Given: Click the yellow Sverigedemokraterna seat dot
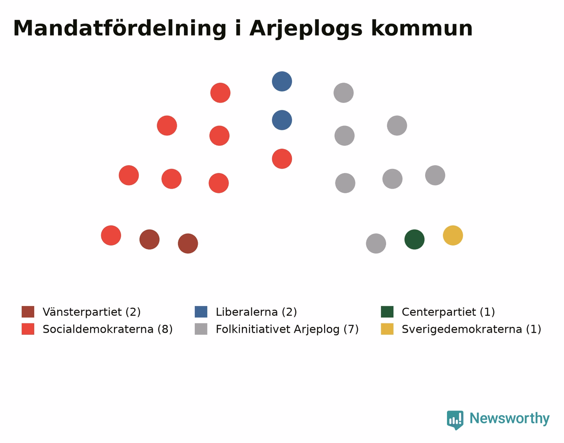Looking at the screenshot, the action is (x=452, y=235).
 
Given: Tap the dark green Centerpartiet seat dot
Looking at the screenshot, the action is (x=414, y=240).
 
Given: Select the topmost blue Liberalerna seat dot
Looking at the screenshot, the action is (x=282, y=81).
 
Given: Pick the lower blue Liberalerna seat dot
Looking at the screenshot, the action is (x=282, y=120).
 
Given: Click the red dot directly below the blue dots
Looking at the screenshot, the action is (x=282, y=159).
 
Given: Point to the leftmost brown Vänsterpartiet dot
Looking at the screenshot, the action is (x=149, y=240).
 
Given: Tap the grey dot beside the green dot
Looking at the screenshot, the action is (x=376, y=243).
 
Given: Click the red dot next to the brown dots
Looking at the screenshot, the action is (x=111, y=235).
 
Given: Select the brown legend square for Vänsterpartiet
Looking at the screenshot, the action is (x=28, y=312).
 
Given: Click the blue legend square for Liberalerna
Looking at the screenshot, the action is (x=201, y=312).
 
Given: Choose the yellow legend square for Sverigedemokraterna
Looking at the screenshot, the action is (x=387, y=329).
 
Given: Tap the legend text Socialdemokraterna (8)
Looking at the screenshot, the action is (x=107, y=329).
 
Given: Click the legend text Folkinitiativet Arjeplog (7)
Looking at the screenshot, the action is (x=287, y=329).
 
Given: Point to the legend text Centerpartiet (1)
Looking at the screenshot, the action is (x=448, y=312).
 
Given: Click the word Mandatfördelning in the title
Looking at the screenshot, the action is (x=120, y=29).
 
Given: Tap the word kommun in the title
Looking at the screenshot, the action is (x=422, y=28).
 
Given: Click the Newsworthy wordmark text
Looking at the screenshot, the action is (x=510, y=418).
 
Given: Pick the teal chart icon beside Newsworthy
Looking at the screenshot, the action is (x=455, y=420).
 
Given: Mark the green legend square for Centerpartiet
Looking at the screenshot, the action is (x=387, y=312).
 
